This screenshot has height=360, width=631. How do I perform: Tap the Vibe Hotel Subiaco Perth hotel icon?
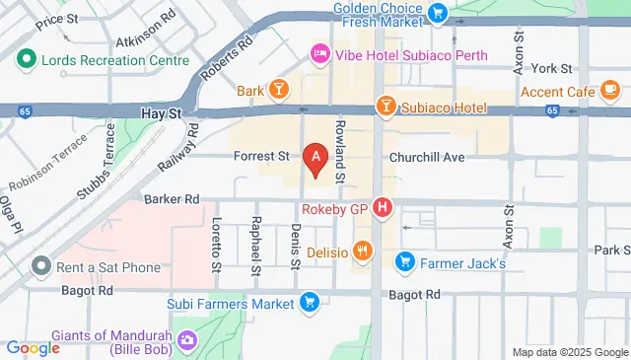click(320, 53)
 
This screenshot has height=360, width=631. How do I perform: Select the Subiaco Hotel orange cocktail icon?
click(385, 106)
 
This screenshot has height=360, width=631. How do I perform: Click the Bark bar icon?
click(280, 91)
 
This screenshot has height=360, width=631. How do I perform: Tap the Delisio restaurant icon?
click(364, 251)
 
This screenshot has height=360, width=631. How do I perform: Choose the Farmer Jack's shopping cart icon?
click(404, 262)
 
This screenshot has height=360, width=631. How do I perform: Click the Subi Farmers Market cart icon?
click(310, 303)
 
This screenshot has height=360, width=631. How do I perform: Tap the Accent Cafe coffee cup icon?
click(610, 91)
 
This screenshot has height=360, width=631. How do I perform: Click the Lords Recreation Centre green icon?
click(28, 59)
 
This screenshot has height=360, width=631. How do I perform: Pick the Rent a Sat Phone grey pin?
click(40, 265)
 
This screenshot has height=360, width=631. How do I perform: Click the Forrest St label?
click(261, 156)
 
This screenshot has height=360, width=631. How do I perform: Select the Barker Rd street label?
click(172, 199)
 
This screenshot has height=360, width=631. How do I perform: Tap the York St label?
click(552, 69)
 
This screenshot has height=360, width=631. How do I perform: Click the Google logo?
click(33, 348)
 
